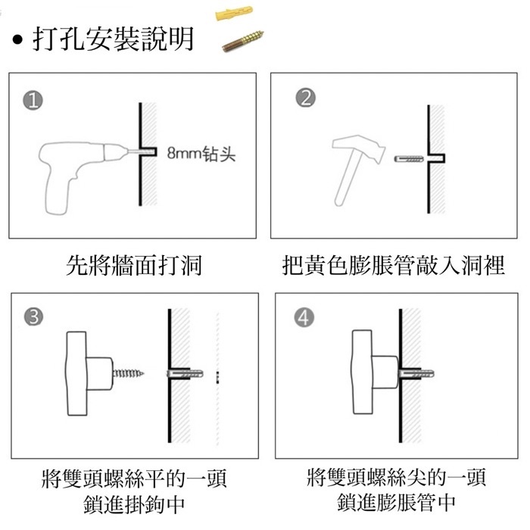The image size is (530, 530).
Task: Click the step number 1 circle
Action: click(x=33, y=101)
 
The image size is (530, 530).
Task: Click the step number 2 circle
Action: click(x=306, y=98)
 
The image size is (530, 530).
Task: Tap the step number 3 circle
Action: click(x=34, y=317)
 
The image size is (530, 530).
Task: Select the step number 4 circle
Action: click(x=304, y=318)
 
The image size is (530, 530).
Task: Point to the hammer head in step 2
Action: click(x=359, y=146)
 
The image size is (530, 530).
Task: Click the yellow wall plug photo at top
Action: click(x=234, y=13)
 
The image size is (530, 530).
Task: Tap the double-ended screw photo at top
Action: click(x=243, y=41)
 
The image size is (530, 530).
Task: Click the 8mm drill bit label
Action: click(x=201, y=154)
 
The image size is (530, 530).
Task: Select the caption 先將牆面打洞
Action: click(x=134, y=265)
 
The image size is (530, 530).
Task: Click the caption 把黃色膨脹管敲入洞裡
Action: click(x=394, y=265)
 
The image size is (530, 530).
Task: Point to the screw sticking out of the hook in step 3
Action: click(x=129, y=373)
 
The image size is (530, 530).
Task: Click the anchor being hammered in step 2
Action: click(x=409, y=158)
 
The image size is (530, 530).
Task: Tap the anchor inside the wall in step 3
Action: click(x=185, y=374)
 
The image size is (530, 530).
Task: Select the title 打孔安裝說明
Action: click(x=113, y=39)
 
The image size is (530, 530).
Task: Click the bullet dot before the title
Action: click(x=17, y=40)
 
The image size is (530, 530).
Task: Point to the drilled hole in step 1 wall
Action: click(x=148, y=151)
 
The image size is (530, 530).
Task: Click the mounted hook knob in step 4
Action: click(x=375, y=373)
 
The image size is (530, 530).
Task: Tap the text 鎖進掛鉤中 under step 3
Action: click(x=134, y=504)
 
